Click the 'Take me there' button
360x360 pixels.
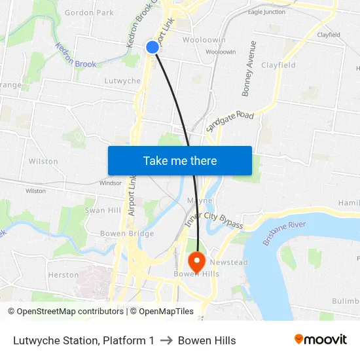[x=179, y=160]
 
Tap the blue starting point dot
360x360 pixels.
[x=153, y=47]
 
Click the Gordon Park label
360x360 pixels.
[x=89, y=12]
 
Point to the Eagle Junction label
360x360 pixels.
[x=266, y=12]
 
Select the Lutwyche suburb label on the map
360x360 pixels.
[x=122, y=81]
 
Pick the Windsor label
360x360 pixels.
[x=110, y=183]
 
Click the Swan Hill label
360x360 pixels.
[x=103, y=210]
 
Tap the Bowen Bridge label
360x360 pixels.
[x=127, y=234]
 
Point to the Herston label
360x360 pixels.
[x=63, y=275]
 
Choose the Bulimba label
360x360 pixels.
[x=346, y=300]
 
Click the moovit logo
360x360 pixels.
[x=320, y=339]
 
